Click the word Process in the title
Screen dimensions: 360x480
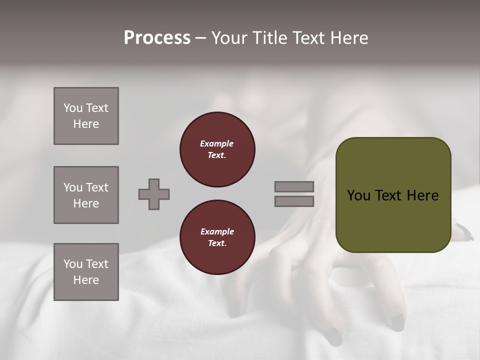pos(157,38)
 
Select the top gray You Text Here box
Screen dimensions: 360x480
pos(86,116)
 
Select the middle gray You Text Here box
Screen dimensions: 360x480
pos(86,195)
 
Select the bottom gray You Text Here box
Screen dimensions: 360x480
pos(86,272)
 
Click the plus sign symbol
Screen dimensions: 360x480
pos(154,194)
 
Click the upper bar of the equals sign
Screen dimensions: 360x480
pos(294,186)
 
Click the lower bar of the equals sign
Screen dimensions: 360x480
pos(294,201)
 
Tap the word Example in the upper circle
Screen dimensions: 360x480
pos(216,143)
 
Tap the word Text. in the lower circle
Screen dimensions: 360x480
pos(216,243)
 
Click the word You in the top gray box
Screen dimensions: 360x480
pos(72,108)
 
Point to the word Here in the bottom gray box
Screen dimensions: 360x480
pos(86,280)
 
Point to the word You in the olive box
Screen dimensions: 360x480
pos(358,195)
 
